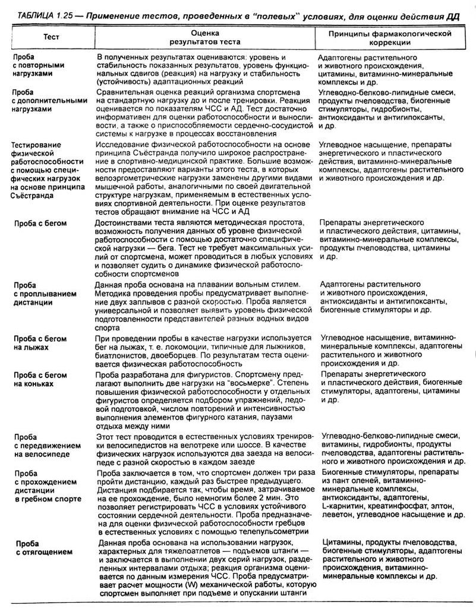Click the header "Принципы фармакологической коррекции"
(390, 38)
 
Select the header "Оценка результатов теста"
(204, 38)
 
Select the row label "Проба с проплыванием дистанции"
(38, 293)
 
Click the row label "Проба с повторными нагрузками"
(37, 64)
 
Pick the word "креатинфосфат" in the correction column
(394, 505)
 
